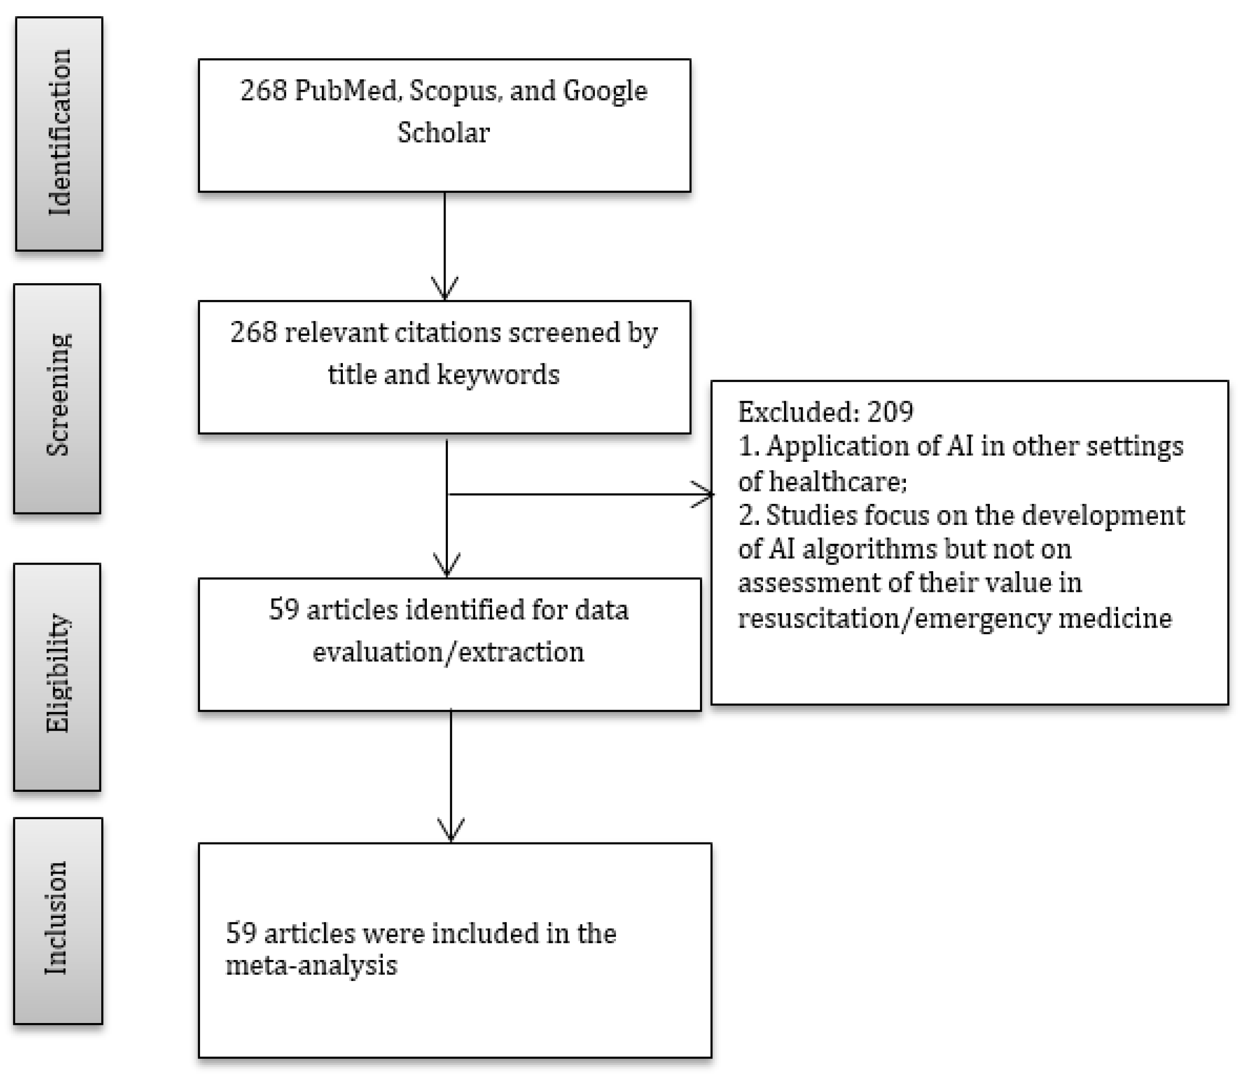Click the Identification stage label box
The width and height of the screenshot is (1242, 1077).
coord(59,133)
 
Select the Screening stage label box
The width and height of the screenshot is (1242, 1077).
coord(57,398)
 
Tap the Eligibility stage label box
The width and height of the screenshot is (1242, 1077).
coord(57,677)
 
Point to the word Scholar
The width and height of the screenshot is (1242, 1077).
coord(444,133)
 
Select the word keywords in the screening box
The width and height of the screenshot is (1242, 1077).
coord(498,374)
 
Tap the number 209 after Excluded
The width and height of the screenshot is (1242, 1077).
coord(890,412)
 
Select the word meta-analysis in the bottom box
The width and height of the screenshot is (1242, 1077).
coord(311,966)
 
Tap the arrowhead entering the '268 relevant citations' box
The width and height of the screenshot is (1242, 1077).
coord(445,290)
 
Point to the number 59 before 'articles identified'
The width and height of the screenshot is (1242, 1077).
coord(284,610)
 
